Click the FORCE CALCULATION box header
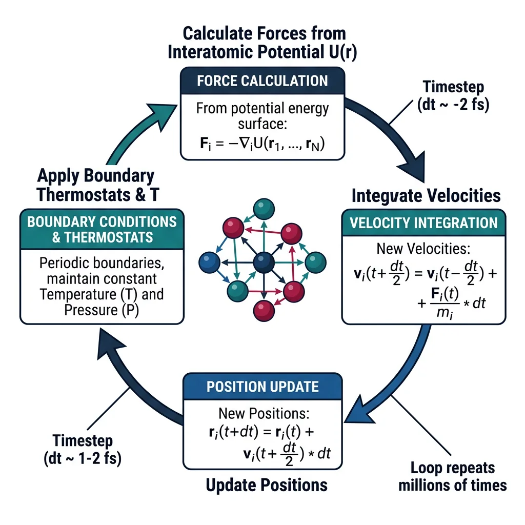point(262,81)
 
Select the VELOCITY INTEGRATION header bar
point(423,223)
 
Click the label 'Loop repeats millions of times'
point(452,476)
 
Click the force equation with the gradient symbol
point(262,144)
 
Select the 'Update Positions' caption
point(266,484)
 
